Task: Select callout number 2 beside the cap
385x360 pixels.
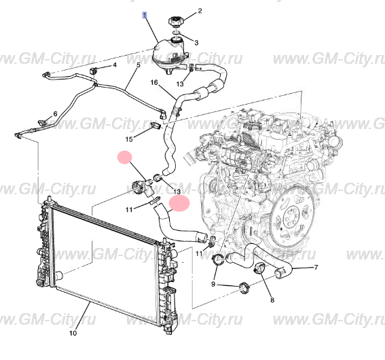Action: pos(200,11)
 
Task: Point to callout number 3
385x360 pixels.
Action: pos(197,42)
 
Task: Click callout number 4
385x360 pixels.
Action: pos(114,65)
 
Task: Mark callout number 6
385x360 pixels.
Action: pos(56,113)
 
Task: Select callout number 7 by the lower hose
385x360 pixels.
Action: pos(316,268)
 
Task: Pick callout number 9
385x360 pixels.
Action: pos(214,284)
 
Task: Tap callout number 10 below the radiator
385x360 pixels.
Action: pos(73,334)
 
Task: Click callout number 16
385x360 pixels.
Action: pos(154,83)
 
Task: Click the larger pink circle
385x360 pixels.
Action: pos(180,202)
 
